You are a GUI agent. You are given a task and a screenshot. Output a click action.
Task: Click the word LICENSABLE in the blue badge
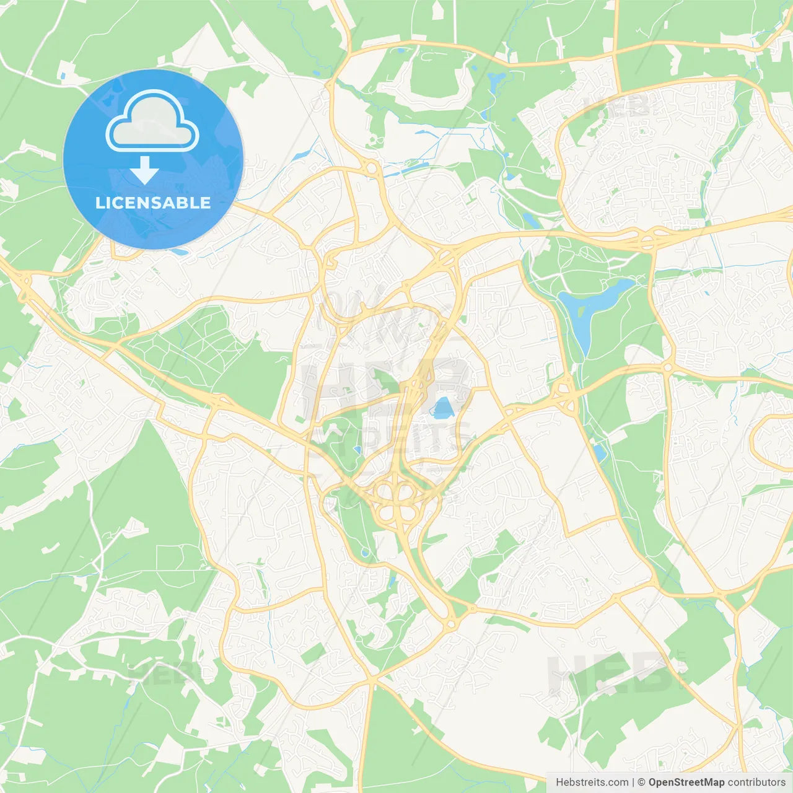[x=153, y=203]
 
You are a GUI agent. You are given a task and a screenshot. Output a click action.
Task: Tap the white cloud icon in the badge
[x=152, y=122]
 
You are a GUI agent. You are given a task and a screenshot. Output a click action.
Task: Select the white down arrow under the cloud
[x=145, y=169]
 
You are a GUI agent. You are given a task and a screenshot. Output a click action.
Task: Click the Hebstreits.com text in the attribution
[x=592, y=782]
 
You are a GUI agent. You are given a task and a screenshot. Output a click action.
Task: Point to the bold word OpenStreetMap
[x=686, y=782]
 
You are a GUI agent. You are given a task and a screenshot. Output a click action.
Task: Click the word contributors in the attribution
[x=756, y=782]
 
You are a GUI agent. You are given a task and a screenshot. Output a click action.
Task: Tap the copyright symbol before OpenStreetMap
[x=642, y=782]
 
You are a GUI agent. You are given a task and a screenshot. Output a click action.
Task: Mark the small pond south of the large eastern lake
[x=599, y=453]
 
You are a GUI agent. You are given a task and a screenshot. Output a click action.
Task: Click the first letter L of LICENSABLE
[x=99, y=203]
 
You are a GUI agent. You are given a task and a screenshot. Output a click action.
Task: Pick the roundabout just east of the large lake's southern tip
[x=668, y=367]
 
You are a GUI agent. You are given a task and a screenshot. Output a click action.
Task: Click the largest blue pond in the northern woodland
[x=496, y=80]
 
